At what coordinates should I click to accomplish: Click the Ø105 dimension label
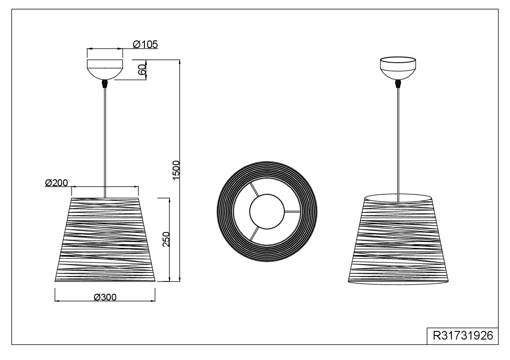point(145,44)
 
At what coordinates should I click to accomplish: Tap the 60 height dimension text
point(142,69)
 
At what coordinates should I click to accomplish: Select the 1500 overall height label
point(176,170)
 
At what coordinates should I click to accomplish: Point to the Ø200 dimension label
point(57,183)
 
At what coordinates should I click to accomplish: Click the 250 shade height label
point(166,239)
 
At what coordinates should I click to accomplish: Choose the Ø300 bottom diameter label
point(105,297)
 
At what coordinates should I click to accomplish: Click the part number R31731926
point(463,335)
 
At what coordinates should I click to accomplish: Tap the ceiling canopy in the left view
point(105,69)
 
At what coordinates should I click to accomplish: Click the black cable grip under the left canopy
point(105,84)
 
